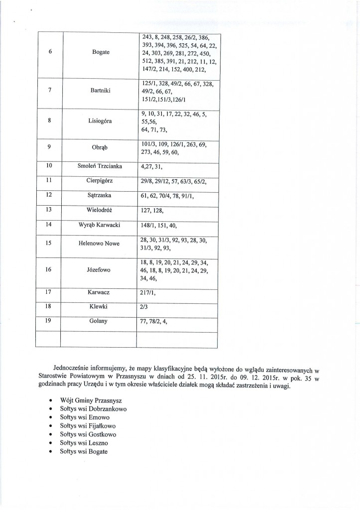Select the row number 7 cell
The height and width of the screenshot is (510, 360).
coord(48,90)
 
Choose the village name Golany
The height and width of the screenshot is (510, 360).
coord(98,321)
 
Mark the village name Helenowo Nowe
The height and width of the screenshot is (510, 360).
coord(98,244)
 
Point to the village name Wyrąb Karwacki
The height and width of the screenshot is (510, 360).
coord(98,224)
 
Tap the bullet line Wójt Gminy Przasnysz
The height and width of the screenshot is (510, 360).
coord(87,401)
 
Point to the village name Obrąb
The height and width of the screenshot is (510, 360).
coord(98,147)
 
